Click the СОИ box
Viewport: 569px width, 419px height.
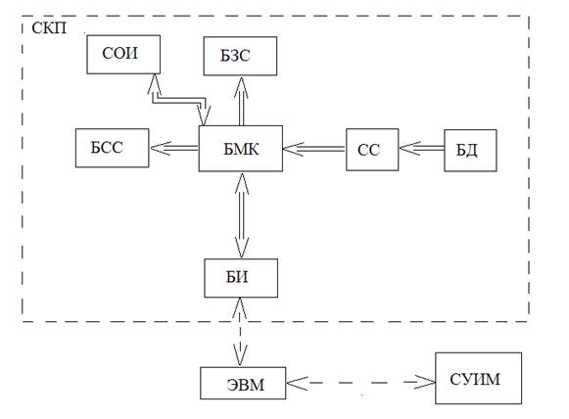[123, 55]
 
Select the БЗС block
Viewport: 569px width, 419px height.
[240, 56]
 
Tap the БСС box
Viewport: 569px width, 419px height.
[112, 148]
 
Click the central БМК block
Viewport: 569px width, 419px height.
[241, 149]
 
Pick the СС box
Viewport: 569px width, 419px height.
[372, 150]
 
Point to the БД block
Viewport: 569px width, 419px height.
[470, 150]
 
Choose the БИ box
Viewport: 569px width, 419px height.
[241, 278]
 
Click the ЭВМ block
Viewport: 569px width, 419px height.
[243, 383]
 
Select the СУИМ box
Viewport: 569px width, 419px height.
[478, 378]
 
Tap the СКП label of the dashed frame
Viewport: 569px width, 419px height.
[49, 28]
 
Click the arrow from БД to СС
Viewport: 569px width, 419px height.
[422, 148]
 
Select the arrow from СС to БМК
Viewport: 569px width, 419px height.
[314, 149]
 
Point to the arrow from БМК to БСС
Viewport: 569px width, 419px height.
[174, 148]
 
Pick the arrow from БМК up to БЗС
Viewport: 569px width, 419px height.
[241, 101]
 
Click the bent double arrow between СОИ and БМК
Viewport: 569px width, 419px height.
[179, 101]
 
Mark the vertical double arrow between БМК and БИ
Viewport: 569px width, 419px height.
[242, 215]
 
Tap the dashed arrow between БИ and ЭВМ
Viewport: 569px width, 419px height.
[240, 332]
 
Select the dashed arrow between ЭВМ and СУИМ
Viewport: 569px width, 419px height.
[360, 383]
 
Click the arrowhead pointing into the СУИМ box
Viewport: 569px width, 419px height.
[425, 383]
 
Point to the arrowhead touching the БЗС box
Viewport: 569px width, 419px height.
[241, 87]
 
